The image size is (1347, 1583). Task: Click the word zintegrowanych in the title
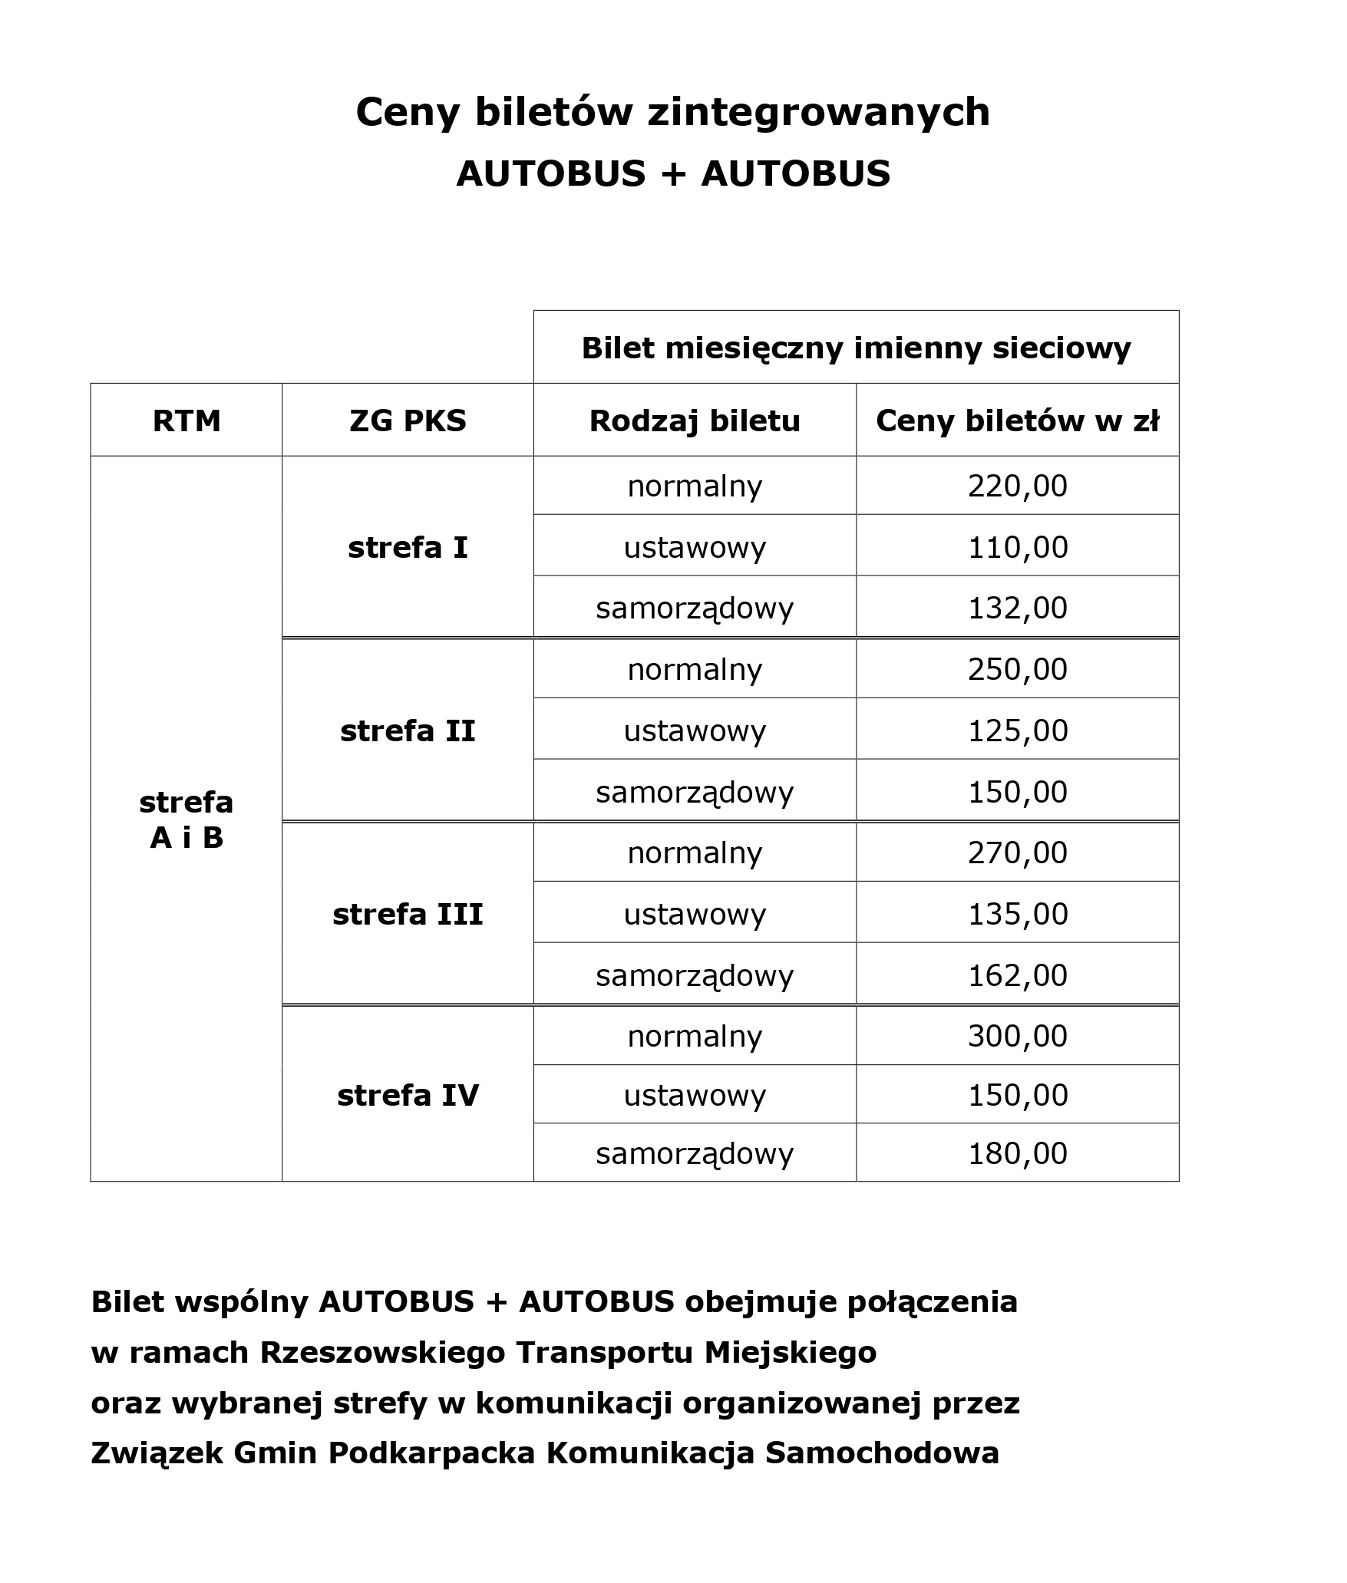click(819, 113)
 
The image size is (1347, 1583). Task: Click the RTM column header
click(187, 420)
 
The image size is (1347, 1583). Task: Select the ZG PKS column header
click(408, 420)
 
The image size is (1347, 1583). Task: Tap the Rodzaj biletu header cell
click(695, 420)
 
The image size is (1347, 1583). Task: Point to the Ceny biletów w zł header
click(1017, 420)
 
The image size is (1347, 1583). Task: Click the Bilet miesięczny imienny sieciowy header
click(856, 348)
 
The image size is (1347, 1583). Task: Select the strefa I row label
click(408, 547)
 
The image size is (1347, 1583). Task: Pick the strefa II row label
click(408, 730)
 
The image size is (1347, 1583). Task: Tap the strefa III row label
click(408, 914)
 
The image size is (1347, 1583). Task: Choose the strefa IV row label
click(408, 1095)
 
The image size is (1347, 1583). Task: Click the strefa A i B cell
click(187, 820)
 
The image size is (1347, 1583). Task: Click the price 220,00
click(1017, 486)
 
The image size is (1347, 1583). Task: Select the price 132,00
click(1017, 608)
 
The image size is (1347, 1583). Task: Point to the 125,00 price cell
click(1017, 730)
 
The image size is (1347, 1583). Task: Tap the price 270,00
click(1017, 853)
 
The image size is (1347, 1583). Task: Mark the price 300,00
click(1017, 1036)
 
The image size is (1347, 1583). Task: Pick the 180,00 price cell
click(1017, 1153)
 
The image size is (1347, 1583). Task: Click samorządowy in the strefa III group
click(695, 975)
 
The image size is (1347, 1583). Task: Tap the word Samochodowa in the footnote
click(882, 1453)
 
